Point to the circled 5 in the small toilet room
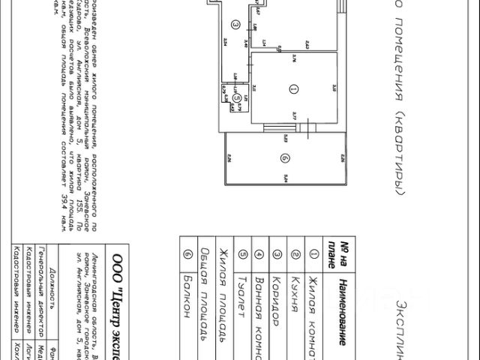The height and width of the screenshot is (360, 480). [x=235, y=97]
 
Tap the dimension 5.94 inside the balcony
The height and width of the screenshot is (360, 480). [x=286, y=178]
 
